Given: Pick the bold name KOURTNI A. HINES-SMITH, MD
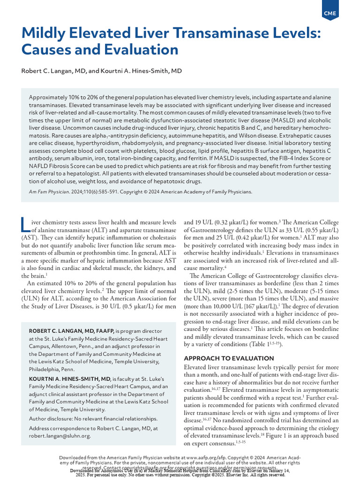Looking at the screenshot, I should (70, 378).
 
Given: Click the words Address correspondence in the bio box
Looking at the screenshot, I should (65, 428).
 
